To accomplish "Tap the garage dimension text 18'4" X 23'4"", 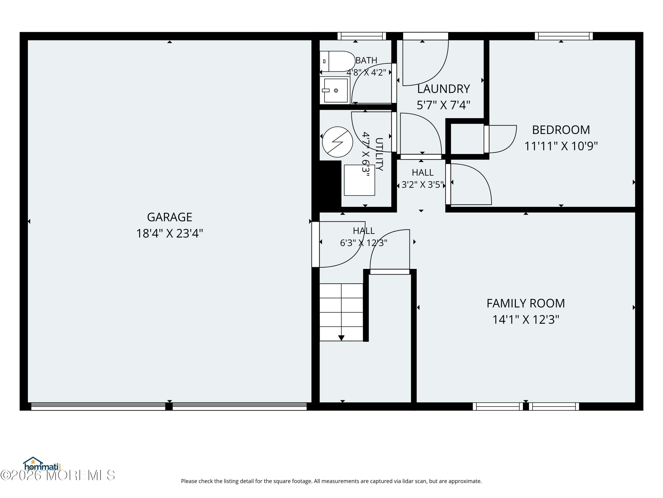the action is (170, 233).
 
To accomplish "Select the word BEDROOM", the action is (561, 130).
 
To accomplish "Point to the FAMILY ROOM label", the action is (525, 303).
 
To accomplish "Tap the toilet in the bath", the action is (337, 61).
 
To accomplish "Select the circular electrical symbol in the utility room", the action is (337, 142).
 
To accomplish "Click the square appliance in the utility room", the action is (359, 180).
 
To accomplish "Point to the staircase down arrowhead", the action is (341, 338).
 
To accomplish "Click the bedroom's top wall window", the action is (564, 36).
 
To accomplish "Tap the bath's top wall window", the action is (362, 36).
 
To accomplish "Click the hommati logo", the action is (42, 464).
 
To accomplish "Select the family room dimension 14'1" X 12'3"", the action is (526, 320).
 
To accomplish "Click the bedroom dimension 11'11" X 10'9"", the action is (561, 146).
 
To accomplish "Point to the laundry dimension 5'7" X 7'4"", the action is (443, 105).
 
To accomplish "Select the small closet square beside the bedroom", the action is (467, 139).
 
